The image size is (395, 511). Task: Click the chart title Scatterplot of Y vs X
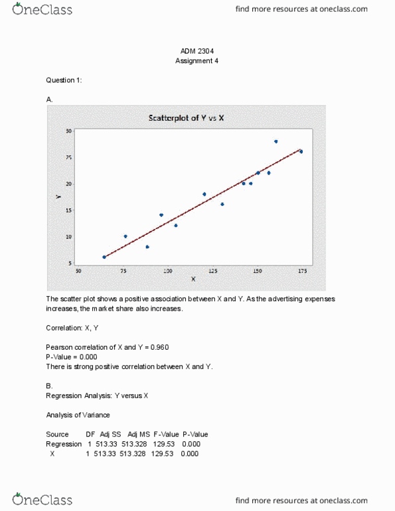(191, 118)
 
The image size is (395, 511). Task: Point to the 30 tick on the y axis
(68, 131)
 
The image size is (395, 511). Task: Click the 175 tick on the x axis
(302, 271)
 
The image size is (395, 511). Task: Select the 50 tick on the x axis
(78, 271)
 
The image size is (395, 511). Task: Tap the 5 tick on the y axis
(70, 263)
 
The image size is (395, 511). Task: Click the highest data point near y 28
(276, 141)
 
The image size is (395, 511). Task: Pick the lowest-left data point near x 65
(104, 257)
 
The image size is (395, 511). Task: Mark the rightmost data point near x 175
(301, 151)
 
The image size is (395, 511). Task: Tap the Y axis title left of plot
(58, 197)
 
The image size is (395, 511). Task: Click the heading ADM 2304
(197, 50)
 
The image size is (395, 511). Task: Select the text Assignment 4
(197, 60)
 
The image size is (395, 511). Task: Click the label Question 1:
(64, 80)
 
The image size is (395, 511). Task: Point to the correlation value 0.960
(160, 347)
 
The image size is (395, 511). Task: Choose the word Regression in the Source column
(64, 444)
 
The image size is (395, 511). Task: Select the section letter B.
(49, 386)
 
